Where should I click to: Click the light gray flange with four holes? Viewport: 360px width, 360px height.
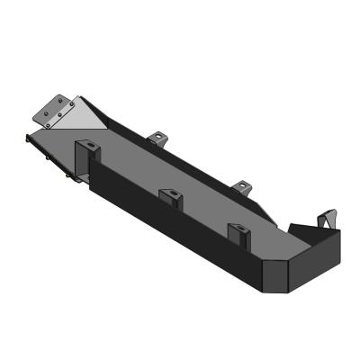pos(55,109)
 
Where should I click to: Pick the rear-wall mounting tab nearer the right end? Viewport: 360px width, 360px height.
pos(240,187)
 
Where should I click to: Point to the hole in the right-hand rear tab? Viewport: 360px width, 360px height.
pos(241,185)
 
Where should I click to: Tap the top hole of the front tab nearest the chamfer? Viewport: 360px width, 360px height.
pos(239,229)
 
